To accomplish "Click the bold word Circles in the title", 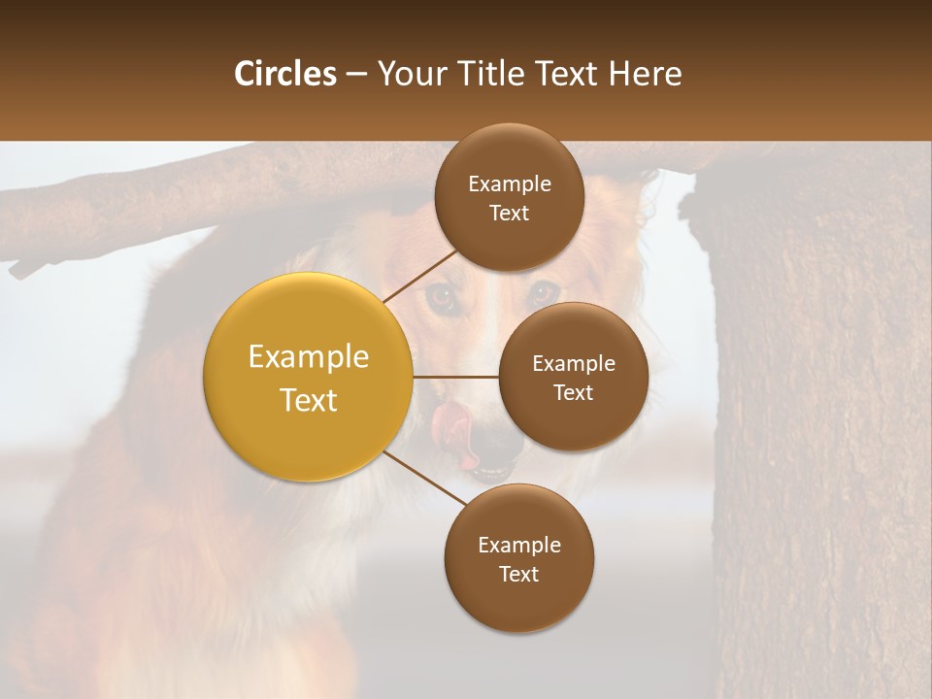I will pos(284,74).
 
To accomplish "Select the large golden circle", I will pos(308,377).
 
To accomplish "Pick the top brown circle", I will pos(509,198).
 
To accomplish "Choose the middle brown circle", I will pos(573,377).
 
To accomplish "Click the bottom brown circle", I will pos(518,558).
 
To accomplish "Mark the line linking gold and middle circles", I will pos(455,377).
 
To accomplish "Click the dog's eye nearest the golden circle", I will pos(444,297).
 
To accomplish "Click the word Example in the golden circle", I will pos(308,357).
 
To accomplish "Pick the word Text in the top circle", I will pos(509,214).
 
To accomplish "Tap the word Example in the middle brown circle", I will pos(573,364).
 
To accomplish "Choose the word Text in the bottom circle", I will pos(518,574).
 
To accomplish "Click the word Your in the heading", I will pos(409,74).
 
